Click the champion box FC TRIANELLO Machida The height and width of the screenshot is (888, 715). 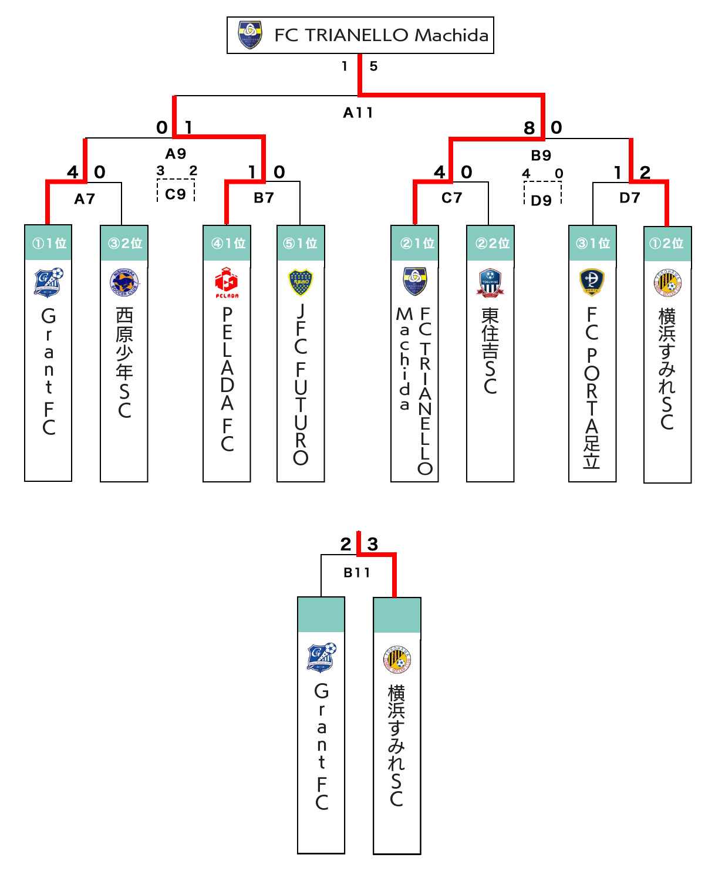(x=360, y=35)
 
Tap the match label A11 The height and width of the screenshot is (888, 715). (x=358, y=112)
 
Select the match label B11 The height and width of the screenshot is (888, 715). (x=357, y=572)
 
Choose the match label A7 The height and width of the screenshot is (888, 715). (x=85, y=199)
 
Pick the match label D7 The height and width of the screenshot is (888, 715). (x=629, y=198)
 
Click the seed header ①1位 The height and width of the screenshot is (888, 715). (x=49, y=243)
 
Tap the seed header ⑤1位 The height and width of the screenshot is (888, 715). (x=301, y=243)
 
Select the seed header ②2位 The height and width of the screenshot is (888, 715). (x=491, y=243)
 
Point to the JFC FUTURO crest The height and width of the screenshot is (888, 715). (x=301, y=283)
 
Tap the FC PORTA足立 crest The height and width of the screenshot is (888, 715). (x=592, y=282)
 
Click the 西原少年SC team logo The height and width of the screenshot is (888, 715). (x=124, y=283)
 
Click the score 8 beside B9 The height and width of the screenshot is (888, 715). (x=529, y=128)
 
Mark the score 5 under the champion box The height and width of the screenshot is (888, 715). (x=373, y=66)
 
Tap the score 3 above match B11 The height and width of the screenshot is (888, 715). (x=373, y=544)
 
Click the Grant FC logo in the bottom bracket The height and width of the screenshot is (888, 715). (x=322, y=657)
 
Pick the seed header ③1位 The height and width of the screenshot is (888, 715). (x=592, y=243)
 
